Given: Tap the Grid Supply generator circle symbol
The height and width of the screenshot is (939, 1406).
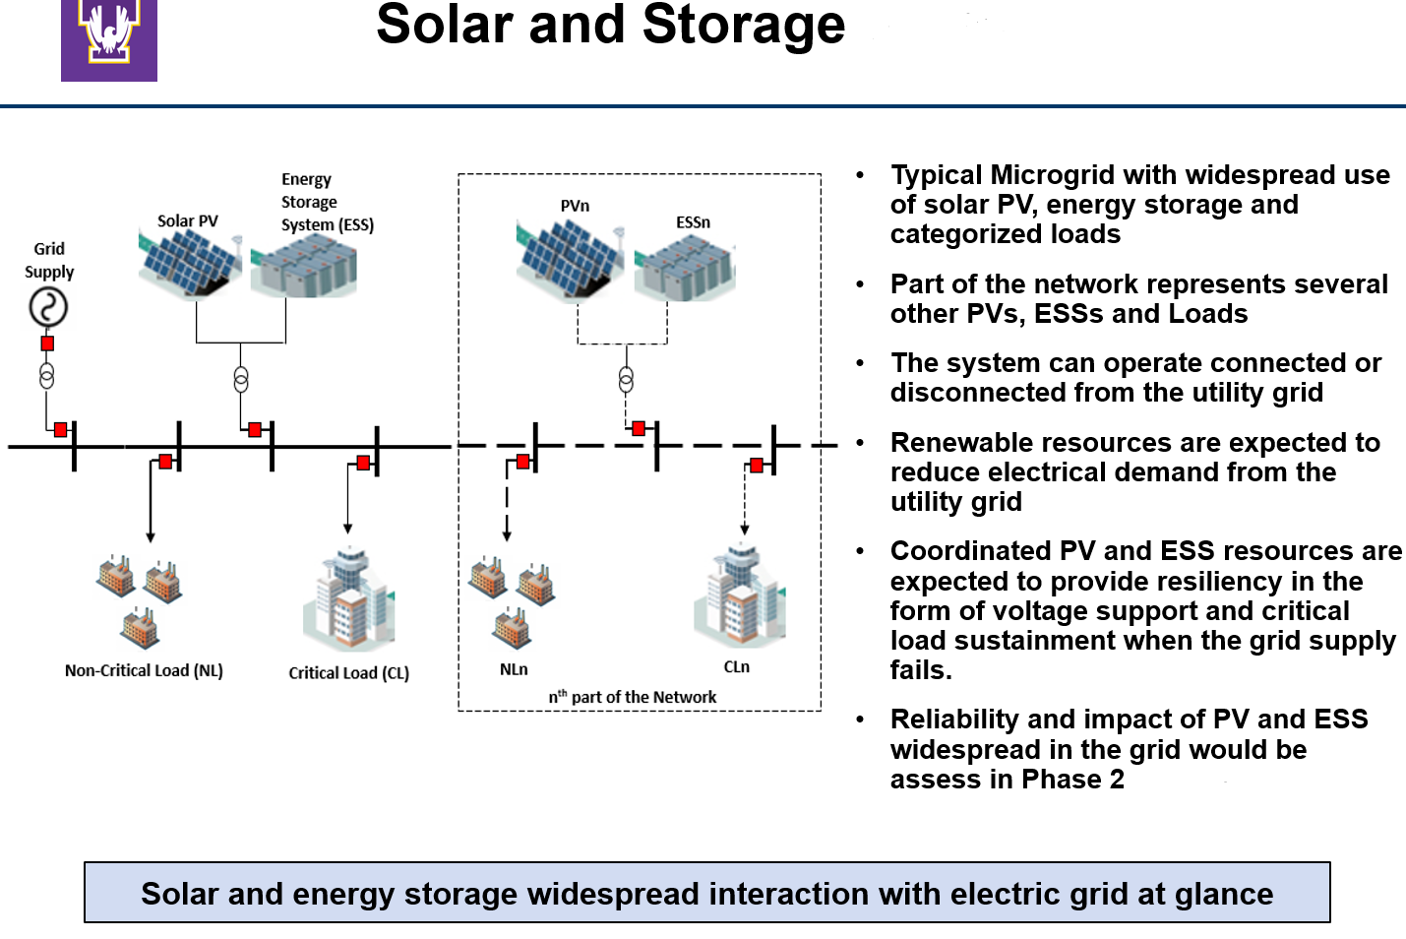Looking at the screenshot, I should (x=47, y=307).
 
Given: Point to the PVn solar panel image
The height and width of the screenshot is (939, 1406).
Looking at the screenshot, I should (x=568, y=258).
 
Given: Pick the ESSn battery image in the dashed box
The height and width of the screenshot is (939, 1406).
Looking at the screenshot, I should (x=686, y=269).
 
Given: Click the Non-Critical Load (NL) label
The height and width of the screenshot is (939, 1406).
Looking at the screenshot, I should (x=144, y=670).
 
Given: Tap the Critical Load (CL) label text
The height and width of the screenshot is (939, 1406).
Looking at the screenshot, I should (x=348, y=673).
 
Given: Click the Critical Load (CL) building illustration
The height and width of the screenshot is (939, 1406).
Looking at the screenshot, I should (x=348, y=600).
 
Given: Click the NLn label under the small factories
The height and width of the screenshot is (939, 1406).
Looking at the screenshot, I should (x=514, y=669).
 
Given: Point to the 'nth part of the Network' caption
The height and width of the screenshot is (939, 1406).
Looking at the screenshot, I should (x=633, y=697).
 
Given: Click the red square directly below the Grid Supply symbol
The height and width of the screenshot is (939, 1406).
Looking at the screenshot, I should (x=47, y=344).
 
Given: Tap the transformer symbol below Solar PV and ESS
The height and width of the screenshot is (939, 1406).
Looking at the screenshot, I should (x=241, y=380).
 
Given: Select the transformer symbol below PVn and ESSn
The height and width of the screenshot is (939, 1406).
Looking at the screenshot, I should (x=626, y=380).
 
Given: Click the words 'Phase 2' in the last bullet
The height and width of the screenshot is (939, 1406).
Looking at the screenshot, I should (x=1072, y=780).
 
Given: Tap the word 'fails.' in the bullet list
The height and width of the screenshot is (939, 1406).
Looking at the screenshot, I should (x=921, y=670).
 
